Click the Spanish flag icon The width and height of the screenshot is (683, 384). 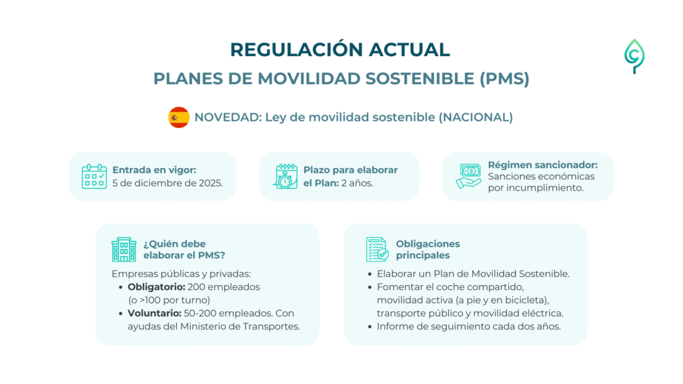179,117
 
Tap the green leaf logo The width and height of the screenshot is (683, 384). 634,56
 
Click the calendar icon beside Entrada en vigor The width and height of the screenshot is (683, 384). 94,176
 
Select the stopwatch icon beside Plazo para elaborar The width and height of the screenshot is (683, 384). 285,176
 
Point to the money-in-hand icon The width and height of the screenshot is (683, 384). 469,176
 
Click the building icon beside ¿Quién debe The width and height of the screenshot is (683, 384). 123,249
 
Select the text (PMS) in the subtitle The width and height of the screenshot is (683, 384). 504,79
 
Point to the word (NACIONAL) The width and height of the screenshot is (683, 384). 476,117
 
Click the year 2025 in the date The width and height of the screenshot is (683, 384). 210,183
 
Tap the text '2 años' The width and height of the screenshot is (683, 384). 358,183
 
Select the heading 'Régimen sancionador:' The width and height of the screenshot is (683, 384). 543,165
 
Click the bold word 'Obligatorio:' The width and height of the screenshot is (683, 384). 156,287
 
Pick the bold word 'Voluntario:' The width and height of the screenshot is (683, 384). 155,313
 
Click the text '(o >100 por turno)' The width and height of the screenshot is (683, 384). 169,300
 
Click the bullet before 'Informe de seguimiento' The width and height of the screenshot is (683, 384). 370,327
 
